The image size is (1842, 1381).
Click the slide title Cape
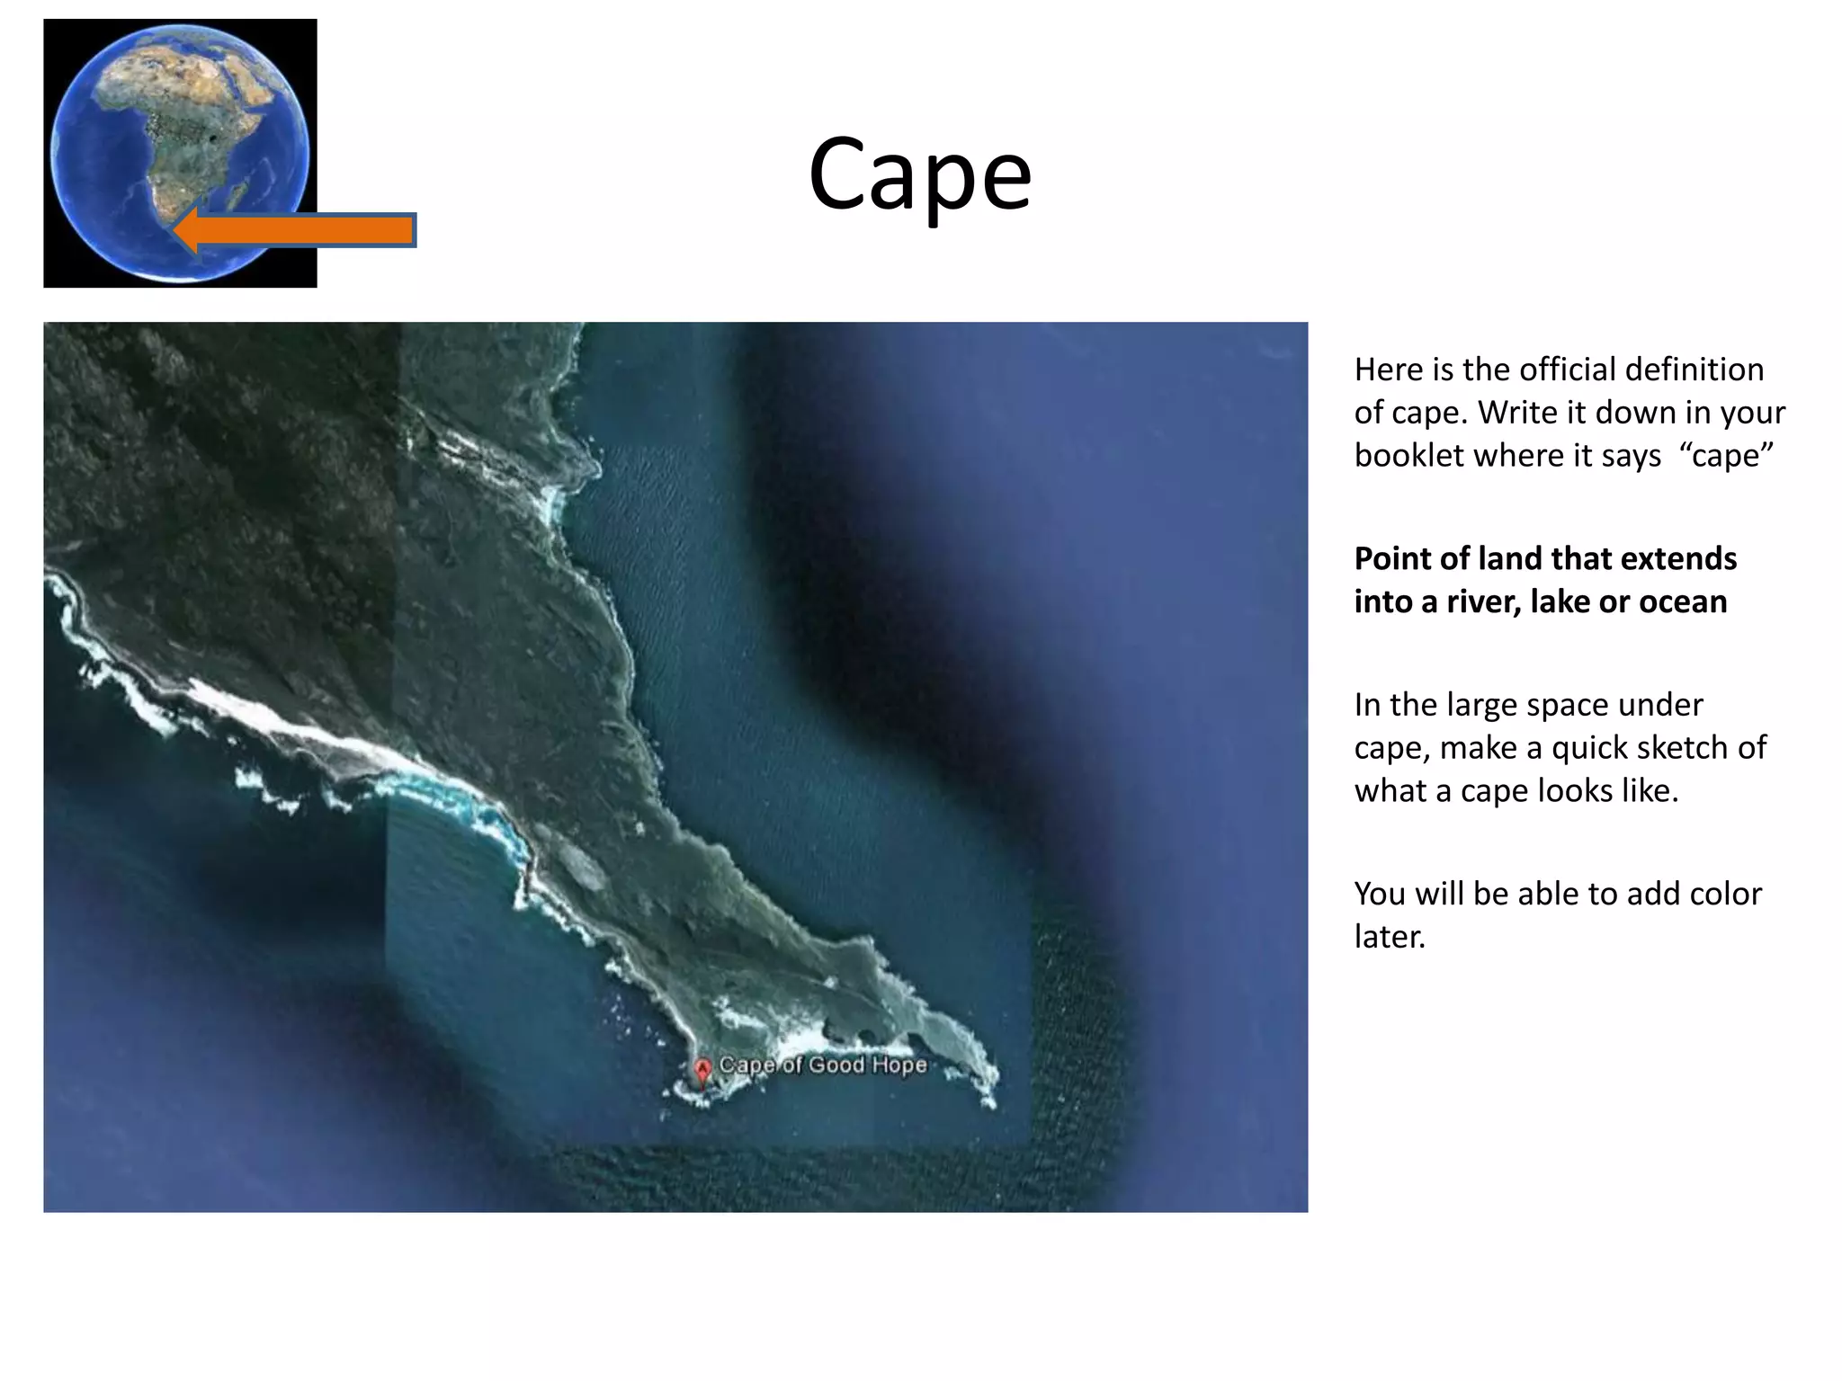point(919,174)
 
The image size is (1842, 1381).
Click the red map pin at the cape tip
point(702,1071)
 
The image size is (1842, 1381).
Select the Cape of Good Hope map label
point(822,1065)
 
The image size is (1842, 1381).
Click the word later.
point(1390,937)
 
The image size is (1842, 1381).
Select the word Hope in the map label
point(899,1065)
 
